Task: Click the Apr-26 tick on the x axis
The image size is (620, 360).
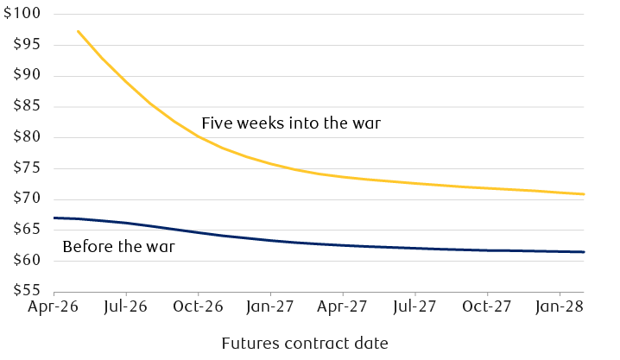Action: [x=54, y=306]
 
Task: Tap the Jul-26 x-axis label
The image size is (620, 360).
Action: [x=126, y=306]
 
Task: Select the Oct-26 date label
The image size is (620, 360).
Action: [x=199, y=306]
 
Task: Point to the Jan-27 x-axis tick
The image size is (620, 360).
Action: [x=270, y=306]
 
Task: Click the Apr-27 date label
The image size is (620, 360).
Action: [x=343, y=306]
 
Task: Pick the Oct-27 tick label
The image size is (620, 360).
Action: [x=487, y=306]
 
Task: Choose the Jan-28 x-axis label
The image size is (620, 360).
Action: [x=559, y=306]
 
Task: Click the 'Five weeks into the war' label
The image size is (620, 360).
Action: [x=291, y=123]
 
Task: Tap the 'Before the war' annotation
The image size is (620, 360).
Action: [x=119, y=248]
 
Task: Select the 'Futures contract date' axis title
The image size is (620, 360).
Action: [x=305, y=344]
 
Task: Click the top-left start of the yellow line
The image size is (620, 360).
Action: [x=78, y=31]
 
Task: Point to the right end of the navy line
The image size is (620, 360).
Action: [x=585, y=252]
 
